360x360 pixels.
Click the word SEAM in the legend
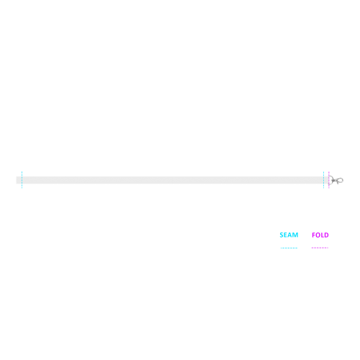pyautogui.click(x=289, y=235)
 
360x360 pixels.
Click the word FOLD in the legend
pyautogui.click(x=320, y=235)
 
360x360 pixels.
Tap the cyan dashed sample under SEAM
pyautogui.click(x=289, y=248)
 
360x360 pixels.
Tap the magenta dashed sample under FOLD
pyautogui.click(x=320, y=248)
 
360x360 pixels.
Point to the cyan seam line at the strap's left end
pyautogui.click(x=22, y=180)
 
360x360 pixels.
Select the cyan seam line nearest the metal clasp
pyautogui.click(x=323, y=180)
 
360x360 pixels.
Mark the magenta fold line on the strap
pyautogui.click(x=329, y=180)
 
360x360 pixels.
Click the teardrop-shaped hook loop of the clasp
pyautogui.click(x=341, y=179)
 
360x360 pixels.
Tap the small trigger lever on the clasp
pyautogui.click(x=338, y=182)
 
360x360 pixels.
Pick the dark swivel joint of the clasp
pyautogui.click(x=334, y=180)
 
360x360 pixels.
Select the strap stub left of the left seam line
pyautogui.click(x=19, y=180)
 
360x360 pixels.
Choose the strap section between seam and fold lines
pyautogui.click(x=326, y=180)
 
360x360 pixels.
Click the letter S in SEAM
pyautogui.click(x=282, y=235)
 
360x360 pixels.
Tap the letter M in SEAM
pyautogui.click(x=296, y=235)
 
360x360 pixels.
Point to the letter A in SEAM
pyautogui.click(x=290, y=235)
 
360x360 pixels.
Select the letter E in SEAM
pyautogui.click(x=286, y=235)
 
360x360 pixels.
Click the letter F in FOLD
pyautogui.click(x=313, y=235)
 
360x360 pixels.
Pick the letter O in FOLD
pyautogui.click(x=318, y=235)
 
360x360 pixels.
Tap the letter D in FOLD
pyautogui.click(x=327, y=235)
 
